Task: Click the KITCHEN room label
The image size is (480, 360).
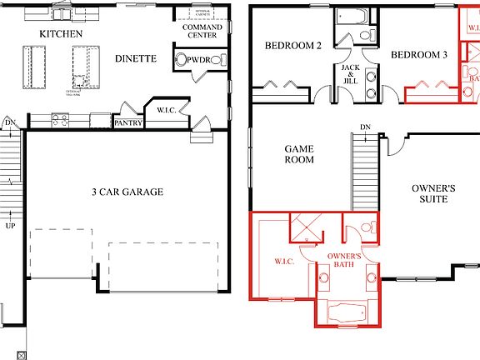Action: (62, 33)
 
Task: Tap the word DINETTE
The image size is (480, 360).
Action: (134, 58)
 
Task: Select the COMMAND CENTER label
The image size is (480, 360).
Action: (202, 32)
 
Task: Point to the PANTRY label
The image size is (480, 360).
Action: (129, 123)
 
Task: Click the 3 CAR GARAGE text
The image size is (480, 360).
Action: (127, 192)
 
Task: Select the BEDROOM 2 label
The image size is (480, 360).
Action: (293, 45)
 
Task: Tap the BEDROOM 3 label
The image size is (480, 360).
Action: (419, 54)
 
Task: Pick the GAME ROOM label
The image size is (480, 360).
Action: (299, 153)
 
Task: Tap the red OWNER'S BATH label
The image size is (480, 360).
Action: (343, 260)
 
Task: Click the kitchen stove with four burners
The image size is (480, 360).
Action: (60, 119)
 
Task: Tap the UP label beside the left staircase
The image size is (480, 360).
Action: (10, 226)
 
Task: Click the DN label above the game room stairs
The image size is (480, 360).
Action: (365, 127)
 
